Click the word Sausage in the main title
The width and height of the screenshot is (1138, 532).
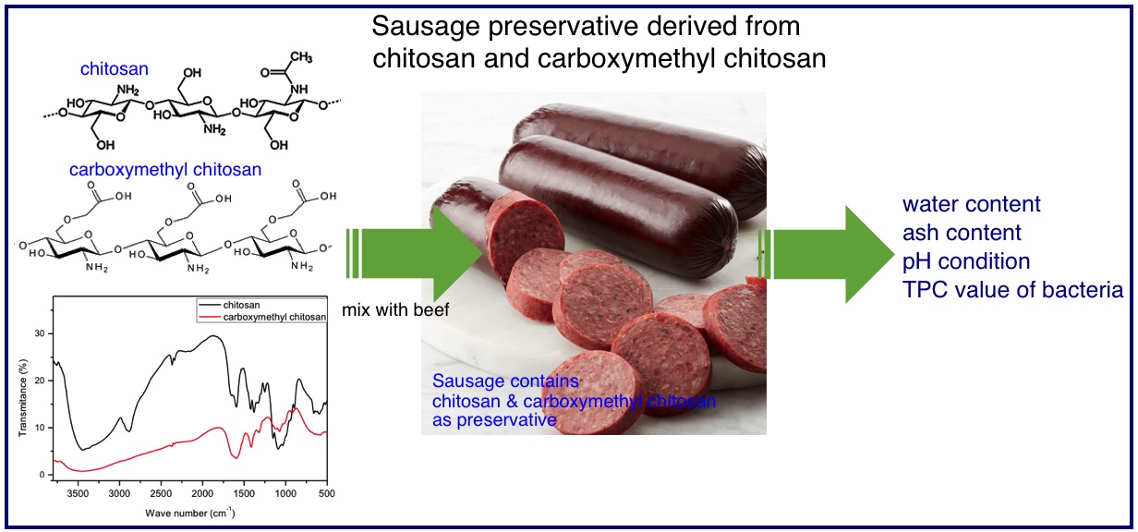point(426,27)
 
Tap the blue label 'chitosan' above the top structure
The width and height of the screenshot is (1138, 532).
point(115,68)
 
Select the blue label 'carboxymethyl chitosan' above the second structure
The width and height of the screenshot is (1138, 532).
point(165,169)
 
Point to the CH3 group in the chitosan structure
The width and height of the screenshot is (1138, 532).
point(301,56)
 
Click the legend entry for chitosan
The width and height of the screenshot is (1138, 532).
point(241,305)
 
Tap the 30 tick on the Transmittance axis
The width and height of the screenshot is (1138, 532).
point(39,333)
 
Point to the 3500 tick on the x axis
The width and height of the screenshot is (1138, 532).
point(78,493)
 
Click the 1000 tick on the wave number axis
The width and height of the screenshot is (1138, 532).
point(285,493)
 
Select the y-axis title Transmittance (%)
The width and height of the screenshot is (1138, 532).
point(22,398)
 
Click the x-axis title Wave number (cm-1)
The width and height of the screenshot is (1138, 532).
point(190,513)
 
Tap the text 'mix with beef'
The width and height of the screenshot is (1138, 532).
point(395,309)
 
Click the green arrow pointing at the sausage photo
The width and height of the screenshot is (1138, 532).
point(414,254)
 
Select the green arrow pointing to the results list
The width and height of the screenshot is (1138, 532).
point(826,254)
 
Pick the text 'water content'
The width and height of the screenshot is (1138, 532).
point(972,204)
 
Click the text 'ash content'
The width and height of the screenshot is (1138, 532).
point(962,233)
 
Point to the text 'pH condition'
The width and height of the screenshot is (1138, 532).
point(966,261)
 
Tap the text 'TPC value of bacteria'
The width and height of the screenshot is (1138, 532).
point(1013,290)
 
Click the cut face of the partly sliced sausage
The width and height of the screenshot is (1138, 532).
point(526,235)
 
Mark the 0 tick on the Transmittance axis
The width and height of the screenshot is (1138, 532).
point(42,475)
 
